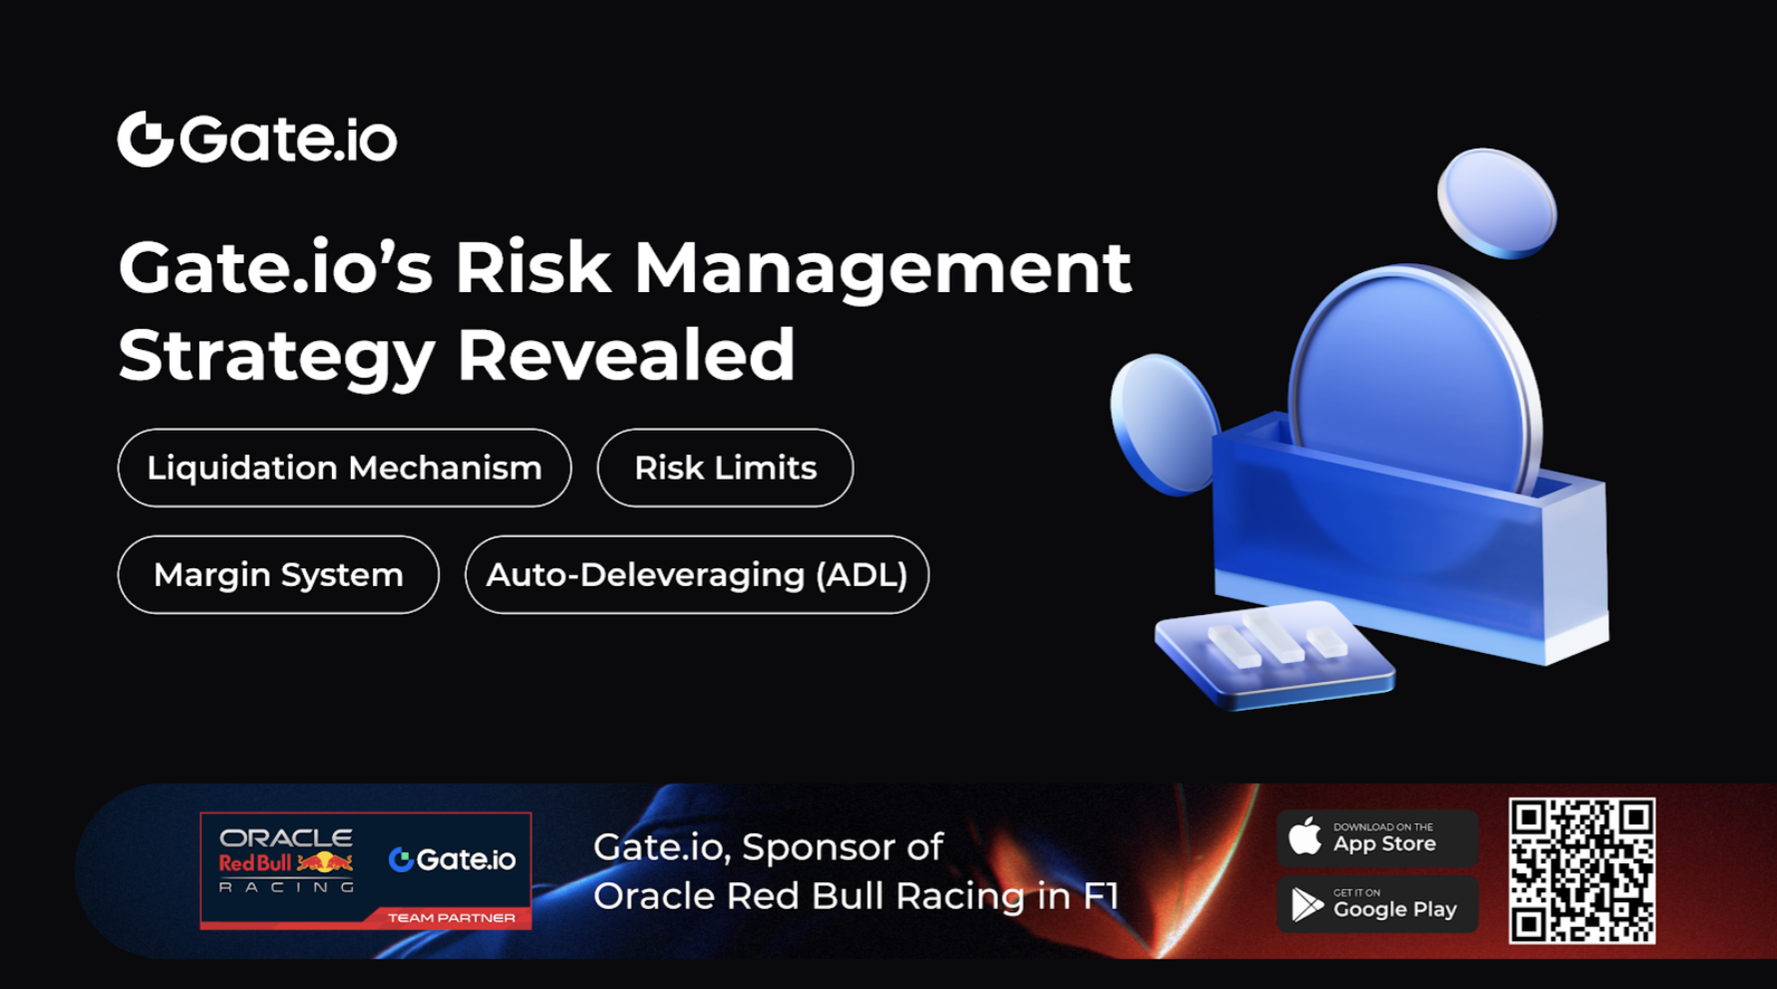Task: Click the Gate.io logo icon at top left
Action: coord(146,139)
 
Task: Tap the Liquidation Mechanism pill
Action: coord(344,468)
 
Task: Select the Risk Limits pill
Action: coord(725,468)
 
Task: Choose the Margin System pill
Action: coord(278,574)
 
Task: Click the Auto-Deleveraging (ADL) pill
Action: coord(696,574)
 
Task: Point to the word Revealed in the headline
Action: coord(626,355)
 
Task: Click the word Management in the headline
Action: coord(883,268)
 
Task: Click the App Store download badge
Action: coord(1376,837)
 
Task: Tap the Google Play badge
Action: coord(1376,904)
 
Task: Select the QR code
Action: coord(1582,870)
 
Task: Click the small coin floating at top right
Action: coord(1496,202)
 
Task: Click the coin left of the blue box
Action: coord(1163,424)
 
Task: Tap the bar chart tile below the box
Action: coord(1274,653)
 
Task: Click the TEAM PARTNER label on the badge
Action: coord(451,917)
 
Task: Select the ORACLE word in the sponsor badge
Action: coord(285,837)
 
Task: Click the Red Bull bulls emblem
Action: coord(325,861)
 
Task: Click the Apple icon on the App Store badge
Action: coord(1304,836)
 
